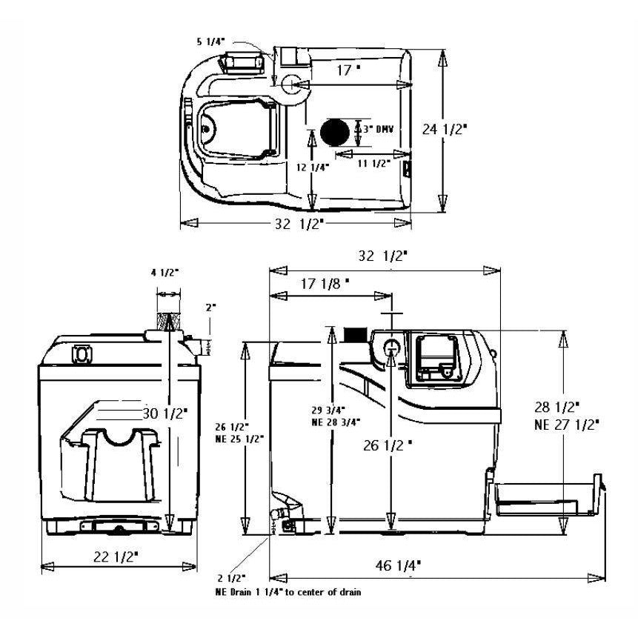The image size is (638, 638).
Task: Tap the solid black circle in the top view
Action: pyautogui.click(x=337, y=132)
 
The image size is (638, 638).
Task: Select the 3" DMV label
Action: pyautogui.click(x=376, y=129)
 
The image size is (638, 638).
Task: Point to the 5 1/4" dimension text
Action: pyautogui.click(x=211, y=42)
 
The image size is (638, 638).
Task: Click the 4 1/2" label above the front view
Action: pyautogui.click(x=165, y=272)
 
